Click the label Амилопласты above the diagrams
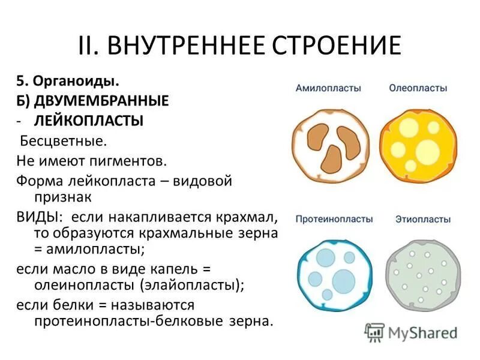tap(328, 88)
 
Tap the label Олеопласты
tap(418, 88)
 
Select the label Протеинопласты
tap(334, 219)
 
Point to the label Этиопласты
tap(422, 219)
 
